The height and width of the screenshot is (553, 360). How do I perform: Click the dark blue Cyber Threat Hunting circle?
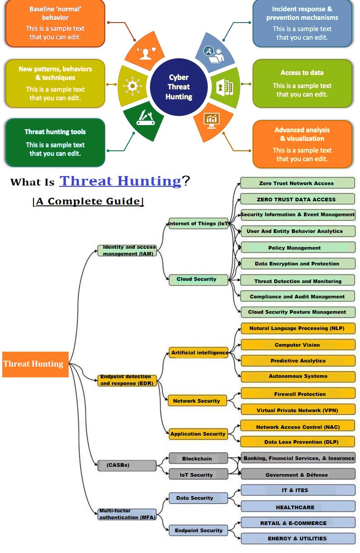click(x=178, y=87)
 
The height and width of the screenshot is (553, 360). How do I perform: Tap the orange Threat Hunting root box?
click(x=35, y=364)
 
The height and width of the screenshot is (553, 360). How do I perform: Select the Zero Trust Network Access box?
click(x=297, y=183)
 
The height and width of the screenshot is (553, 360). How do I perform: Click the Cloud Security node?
click(x=196, y=279)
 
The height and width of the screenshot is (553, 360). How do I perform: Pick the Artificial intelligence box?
click(x=199, y=353)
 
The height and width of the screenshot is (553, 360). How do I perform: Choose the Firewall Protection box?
click(x=298, y=394)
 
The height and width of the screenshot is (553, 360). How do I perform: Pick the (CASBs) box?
click(x=127, y=465)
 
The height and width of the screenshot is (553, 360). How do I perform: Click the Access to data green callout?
click(x=302, y=84)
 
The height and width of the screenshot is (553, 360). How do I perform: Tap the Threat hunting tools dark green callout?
click(x=55, y=142)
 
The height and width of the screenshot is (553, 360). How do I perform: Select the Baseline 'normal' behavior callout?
click(x=55, y=23)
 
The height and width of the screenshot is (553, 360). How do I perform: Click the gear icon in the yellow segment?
click(x=132, y=84)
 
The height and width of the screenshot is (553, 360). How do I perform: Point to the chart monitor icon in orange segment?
click(x=211, y=119)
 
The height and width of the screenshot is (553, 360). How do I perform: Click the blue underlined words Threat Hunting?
click(x=120, y=181)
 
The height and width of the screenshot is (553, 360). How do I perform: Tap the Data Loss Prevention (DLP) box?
click(x=298, y=442)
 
